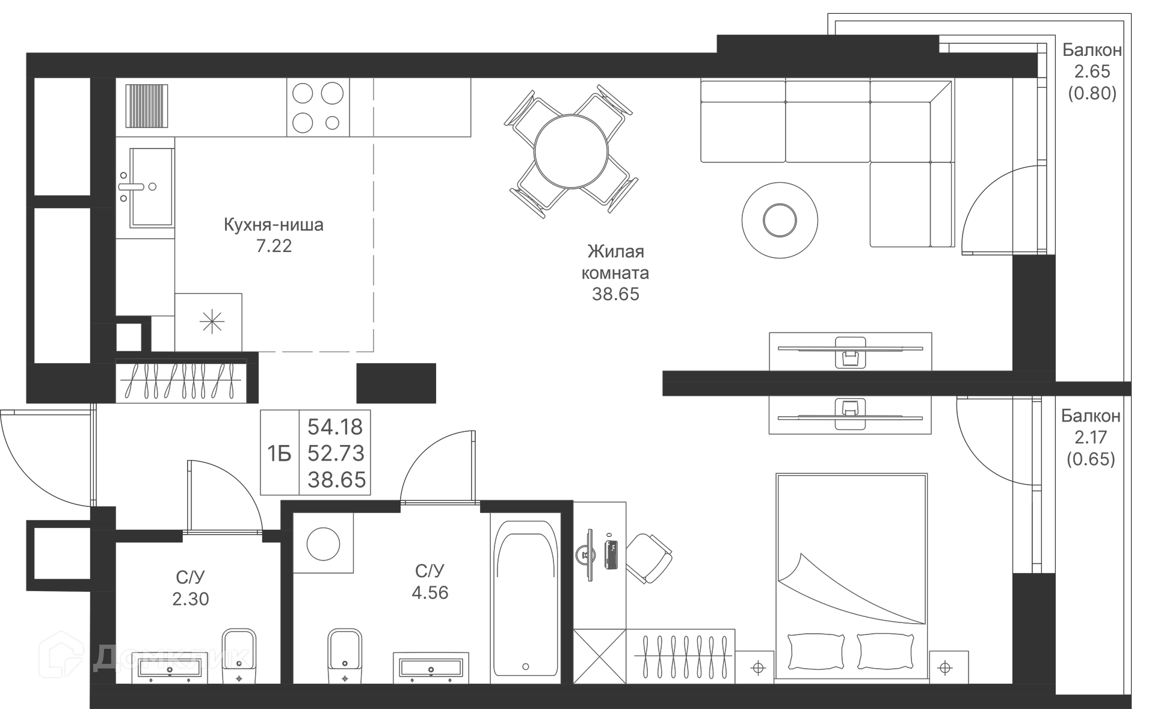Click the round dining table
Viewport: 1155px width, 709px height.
571,151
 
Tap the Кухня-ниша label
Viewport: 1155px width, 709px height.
274,225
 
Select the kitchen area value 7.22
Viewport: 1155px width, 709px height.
274,246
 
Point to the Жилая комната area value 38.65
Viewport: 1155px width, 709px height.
615,294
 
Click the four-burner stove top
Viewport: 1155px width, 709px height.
318,108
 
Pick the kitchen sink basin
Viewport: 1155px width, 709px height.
152,187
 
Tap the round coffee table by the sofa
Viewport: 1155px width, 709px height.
780,220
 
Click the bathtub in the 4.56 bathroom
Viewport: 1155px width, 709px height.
525,598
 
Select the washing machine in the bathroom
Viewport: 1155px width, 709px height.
323,543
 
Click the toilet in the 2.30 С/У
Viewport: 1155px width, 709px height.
239,656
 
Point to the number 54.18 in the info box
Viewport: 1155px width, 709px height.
335,427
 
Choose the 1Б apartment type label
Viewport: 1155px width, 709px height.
279,454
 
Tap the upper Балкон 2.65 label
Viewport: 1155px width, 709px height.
1092,61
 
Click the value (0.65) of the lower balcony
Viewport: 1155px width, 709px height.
1091,459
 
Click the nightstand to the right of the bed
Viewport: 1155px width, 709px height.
949,667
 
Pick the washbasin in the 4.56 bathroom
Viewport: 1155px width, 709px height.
431,668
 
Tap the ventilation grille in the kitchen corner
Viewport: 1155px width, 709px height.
147,106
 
